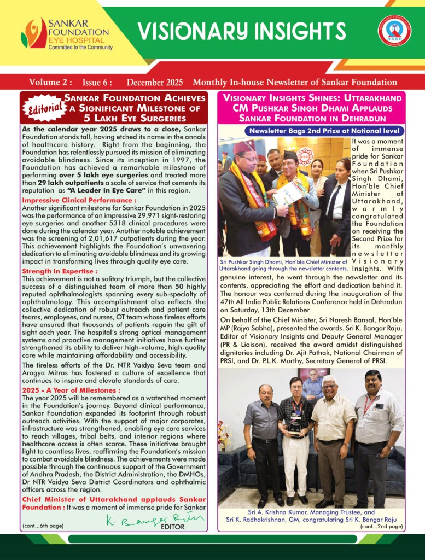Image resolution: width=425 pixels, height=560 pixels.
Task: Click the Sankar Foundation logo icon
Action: point(33,33)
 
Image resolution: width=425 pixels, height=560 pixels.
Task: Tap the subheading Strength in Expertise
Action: point(60,271)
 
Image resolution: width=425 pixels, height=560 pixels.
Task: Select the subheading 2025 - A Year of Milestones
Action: point(71,390)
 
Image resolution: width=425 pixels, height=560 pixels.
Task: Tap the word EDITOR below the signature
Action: point(173,528)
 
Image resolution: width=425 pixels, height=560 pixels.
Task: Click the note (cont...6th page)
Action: point(43,526)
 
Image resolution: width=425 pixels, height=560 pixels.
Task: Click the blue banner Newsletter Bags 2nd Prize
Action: point(324,131)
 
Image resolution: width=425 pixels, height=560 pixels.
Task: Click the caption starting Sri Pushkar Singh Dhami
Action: point(283,265)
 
